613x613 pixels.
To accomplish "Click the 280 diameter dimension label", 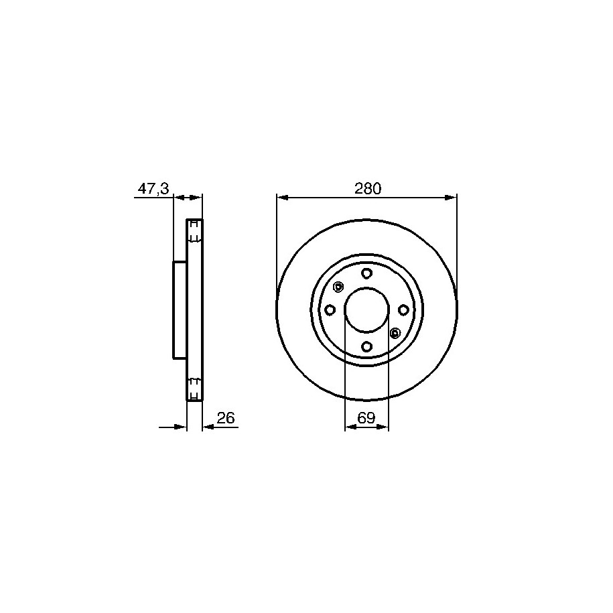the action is coord(368,189).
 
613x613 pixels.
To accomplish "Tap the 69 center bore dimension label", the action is coord(366,418).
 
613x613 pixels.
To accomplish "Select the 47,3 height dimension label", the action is coord(153,189).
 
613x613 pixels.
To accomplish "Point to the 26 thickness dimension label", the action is coord(226,418).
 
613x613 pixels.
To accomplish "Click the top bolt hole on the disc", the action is coord(366,273).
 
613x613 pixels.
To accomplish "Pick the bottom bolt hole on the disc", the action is coord(366,346).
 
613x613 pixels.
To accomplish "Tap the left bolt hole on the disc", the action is coord(330,310).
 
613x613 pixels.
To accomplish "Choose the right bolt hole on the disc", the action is coord(403,310).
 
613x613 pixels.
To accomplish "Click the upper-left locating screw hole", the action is coord(338,287).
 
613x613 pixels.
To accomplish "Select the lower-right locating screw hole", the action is coord(395,333).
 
